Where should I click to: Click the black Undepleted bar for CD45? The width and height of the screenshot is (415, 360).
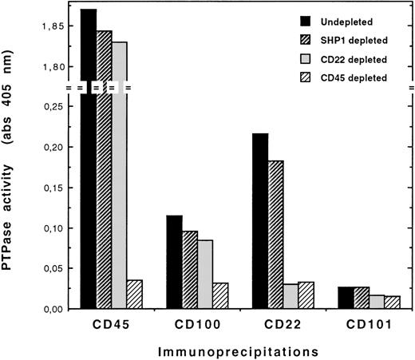(x=88, y=160)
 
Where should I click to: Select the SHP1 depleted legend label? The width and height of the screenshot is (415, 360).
(x=354, y=38)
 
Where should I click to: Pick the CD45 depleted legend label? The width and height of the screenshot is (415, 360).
(x=355, y=77)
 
